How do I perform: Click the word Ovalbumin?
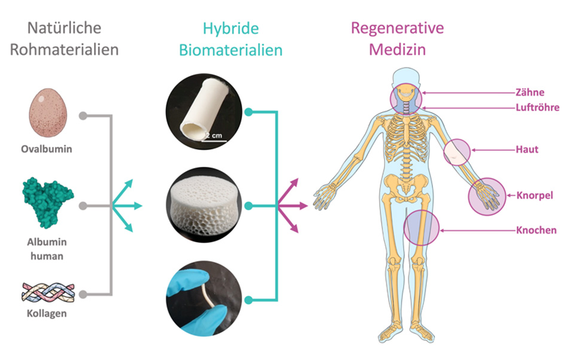[51, 149]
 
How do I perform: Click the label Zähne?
[528, 93]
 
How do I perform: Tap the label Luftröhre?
[537, 108]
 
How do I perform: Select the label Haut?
[526, 150]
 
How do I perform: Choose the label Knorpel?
[534, 195]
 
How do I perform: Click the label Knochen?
[536, 230]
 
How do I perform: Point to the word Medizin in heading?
[397, 49]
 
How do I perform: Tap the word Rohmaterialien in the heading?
[64, 49]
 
